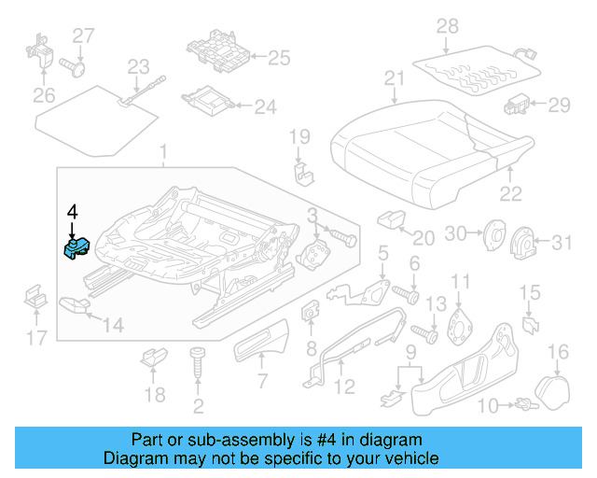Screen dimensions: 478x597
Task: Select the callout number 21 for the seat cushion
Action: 396,77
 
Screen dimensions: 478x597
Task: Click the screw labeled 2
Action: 197,366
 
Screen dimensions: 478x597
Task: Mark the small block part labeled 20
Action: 389,219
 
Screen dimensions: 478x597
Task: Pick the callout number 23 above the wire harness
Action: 138,66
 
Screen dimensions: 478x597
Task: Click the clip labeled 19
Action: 302,174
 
